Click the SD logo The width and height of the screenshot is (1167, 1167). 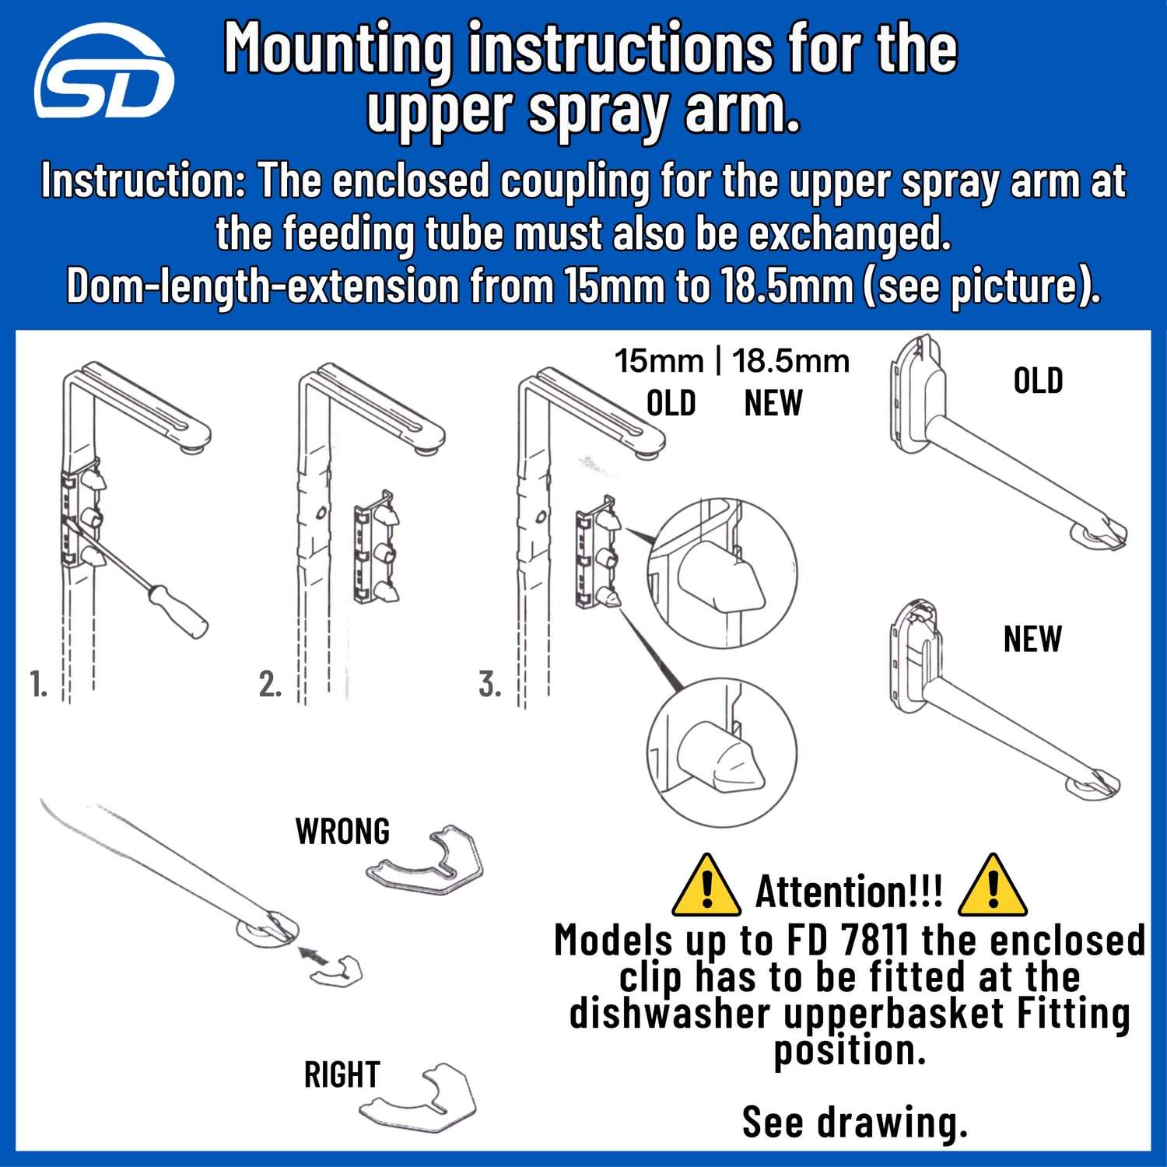click(103, 73)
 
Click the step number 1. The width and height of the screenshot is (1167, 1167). click(38, 684)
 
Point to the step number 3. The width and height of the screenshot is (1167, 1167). click(489, 684)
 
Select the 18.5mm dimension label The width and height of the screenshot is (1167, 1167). click(790, 361)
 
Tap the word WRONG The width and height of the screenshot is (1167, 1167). click(342, 832)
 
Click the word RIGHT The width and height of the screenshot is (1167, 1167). click(342, 1074)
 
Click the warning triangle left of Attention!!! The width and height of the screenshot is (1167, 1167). click(706, 886)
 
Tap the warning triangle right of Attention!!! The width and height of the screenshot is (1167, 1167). click(992, 886)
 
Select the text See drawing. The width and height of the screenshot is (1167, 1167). click(854, 1121)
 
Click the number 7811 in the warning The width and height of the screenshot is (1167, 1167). click(874, 941)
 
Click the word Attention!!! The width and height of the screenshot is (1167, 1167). click(849, 892)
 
